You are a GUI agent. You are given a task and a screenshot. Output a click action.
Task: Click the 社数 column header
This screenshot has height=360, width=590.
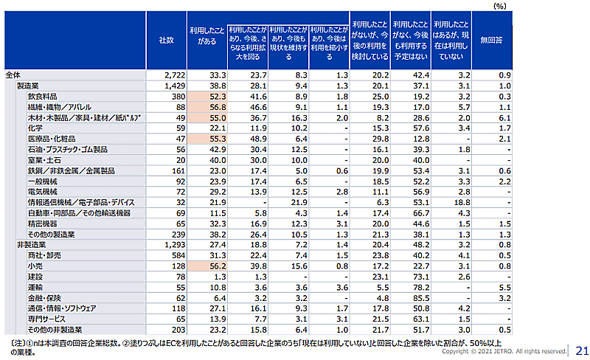click(x=166, y=41)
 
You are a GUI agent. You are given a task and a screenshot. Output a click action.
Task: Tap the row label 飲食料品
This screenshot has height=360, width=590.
click(x=42, y=97)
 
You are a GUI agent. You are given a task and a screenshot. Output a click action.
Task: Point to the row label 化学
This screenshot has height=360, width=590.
click(x=35, y=128)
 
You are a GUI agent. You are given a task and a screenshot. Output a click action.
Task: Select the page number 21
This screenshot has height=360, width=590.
click(x=580, y=350)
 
